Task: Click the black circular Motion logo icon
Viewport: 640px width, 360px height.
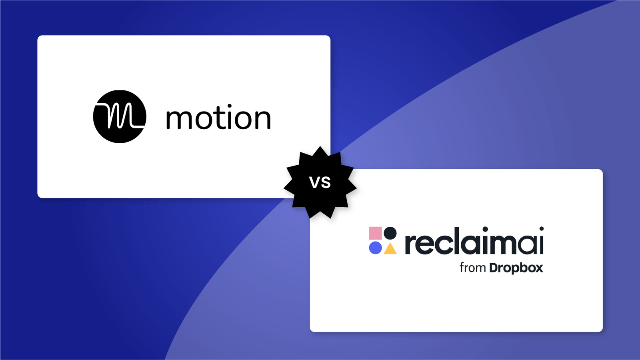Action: (120, 116)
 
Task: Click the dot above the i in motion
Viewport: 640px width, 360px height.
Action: (229, 107)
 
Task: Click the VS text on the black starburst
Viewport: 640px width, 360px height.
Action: (320, 182)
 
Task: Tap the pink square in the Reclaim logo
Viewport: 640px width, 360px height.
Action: (375, 233)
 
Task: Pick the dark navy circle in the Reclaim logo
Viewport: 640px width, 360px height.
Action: (390, 233)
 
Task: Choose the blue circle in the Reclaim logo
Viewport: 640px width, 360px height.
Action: (375, 248)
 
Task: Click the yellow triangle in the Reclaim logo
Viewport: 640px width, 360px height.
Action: (390, 249)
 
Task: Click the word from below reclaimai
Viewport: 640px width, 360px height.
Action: (472, 268)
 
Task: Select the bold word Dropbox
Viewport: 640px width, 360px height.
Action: (516, 268)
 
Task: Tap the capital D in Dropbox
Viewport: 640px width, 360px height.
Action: (494, 268)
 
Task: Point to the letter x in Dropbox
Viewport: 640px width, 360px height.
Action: (538, 268)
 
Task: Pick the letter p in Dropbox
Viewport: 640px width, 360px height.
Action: (513, 269)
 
